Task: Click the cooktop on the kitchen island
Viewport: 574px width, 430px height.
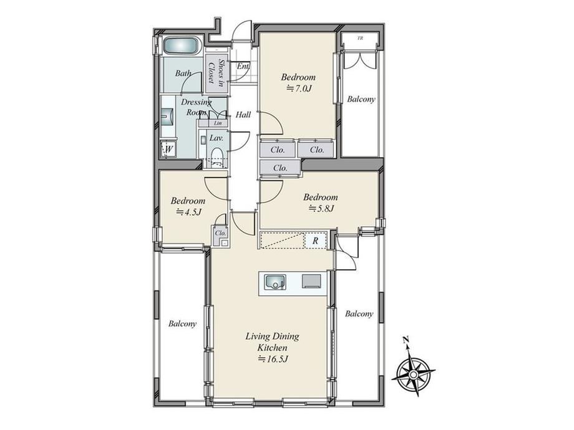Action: coord(311,281)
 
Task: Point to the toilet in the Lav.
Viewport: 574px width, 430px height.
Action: coord(217,157)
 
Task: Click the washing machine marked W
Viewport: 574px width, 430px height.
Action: coord(168,148)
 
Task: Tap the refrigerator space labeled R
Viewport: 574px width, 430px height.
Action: coord(316,241)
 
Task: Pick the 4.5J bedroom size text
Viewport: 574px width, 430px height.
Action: coord(189,212)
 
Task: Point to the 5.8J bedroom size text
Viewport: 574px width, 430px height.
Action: coord(322,208)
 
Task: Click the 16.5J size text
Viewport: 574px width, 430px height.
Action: coord(273,359)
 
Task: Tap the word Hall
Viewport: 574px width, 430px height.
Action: coord(243,115)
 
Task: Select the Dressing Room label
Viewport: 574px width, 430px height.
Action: coord(196,107)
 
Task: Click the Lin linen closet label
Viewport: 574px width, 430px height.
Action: coord(218,123)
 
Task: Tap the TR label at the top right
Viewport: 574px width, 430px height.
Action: coord(360,38)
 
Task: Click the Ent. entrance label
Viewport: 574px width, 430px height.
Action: coord(243,67)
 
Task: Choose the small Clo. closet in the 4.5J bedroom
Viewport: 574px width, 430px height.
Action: coord(220,233)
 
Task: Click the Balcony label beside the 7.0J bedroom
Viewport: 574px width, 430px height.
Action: coord(361,99)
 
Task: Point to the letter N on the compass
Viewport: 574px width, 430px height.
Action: coord(406,340)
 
